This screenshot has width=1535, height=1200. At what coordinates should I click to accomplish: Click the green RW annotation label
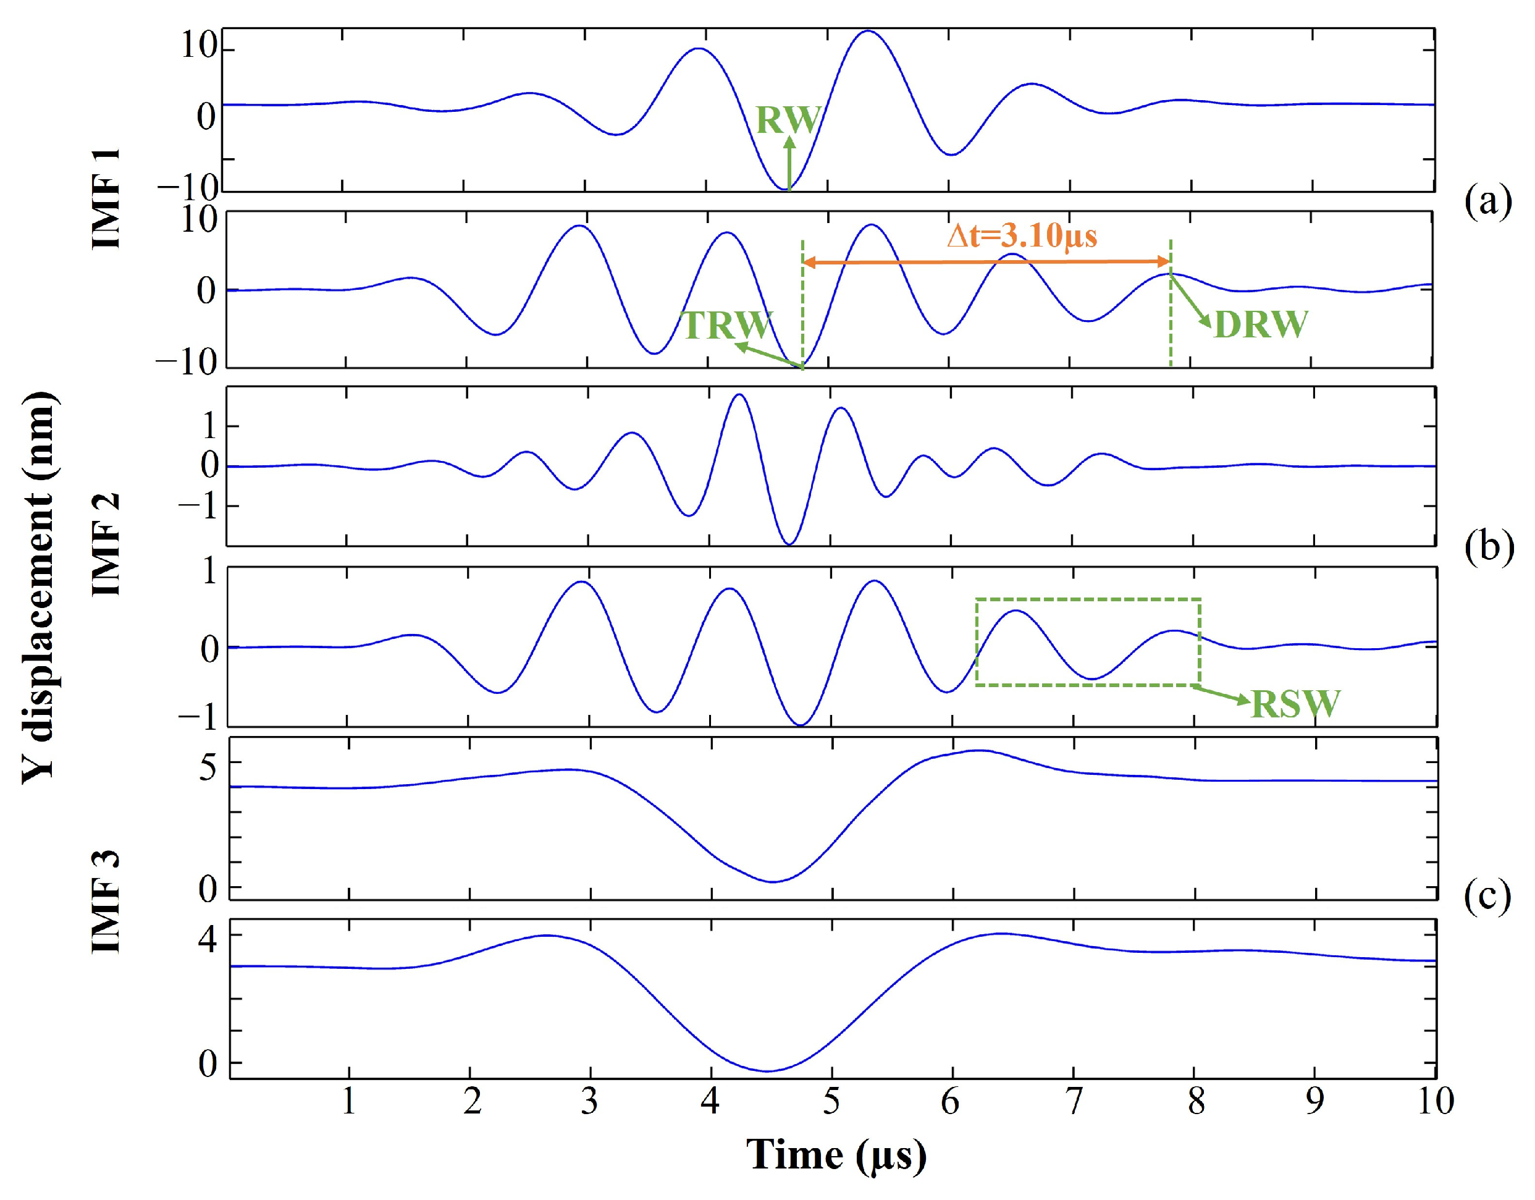pos(788,120)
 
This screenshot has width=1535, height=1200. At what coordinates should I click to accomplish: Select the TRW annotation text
pos(728,325)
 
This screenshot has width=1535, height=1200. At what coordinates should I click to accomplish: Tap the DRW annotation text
pos(1260,325)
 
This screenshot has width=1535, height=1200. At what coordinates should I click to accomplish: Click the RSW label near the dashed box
pos(1295,704)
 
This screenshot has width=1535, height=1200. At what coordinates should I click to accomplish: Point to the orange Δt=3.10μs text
pos(1021,235)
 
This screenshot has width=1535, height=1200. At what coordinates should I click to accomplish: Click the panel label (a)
pos(1487,202)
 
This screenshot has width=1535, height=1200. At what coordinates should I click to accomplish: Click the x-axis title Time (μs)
pos(836,1154)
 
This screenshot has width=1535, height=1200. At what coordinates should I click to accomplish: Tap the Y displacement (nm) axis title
pos(39,587)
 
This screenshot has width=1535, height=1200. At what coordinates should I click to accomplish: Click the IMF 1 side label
pos(107,199)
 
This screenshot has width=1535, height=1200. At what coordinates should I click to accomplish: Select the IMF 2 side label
pos(107,545)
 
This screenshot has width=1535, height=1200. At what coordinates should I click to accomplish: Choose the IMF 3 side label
pos(107,902)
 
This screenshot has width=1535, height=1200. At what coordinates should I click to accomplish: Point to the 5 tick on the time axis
pos(831,1102)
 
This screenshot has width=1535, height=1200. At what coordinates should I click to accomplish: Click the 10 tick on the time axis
pos(1434,1102)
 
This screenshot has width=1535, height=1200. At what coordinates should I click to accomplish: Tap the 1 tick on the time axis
pos(348,1102)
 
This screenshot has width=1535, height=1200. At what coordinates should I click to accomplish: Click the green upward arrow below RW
pos(789,163)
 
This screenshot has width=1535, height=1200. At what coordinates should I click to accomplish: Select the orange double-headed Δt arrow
pos(986,262)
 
